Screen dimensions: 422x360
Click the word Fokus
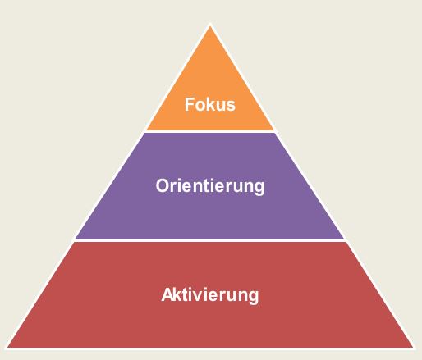210,104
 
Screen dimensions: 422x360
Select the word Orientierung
210,186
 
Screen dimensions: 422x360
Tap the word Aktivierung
210,295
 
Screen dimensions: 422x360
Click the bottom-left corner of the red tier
7,348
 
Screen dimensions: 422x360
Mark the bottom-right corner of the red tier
414,348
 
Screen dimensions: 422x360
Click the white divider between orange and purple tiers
210,132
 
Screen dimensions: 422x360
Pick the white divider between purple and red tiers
210,240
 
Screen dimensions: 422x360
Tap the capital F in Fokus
189,104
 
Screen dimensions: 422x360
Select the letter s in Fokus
231,106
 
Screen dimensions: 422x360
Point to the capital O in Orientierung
163,186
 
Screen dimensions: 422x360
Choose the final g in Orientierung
259,189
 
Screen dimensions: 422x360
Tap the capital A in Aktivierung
167,294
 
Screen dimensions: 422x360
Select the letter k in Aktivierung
178,294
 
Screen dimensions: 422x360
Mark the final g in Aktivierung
254,298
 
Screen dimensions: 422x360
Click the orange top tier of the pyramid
210,82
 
